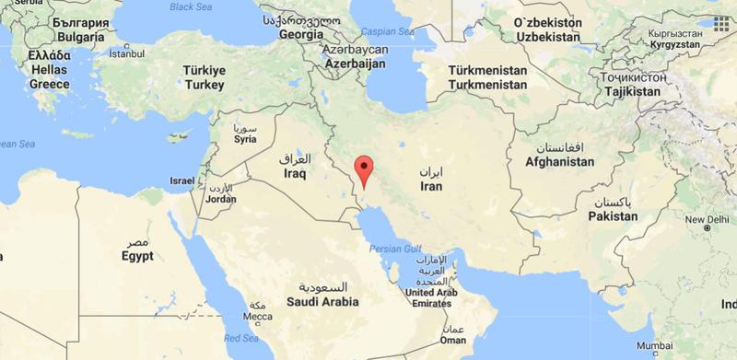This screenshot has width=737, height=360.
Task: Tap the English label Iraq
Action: (x=294, y=173)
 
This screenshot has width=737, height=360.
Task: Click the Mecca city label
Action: (x=256, y=316)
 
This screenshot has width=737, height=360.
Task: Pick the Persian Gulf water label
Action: (x=395, y=249)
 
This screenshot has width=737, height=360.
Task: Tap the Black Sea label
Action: (x=191, y=7)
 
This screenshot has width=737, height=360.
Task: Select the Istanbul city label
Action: (x=126, y=53)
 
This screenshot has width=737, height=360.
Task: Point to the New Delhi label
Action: (x=706, y=220)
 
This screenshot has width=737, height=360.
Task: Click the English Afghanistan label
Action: (x=559, y=161)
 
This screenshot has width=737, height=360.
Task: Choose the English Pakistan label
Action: (x=613, y=216)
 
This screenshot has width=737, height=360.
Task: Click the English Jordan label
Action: (x=221, y=198)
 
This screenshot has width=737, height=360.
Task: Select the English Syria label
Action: (x=245, y=139)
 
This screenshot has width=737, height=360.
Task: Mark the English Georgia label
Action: (x=300, y=34)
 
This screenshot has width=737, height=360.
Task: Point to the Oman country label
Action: (x=451, y=339)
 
